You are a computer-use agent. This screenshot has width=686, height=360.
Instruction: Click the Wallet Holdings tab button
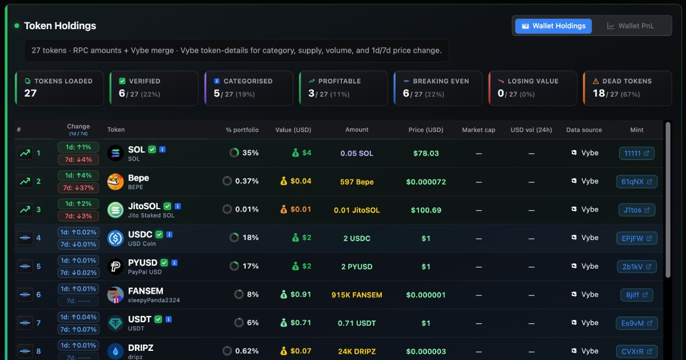[x=553, y=26]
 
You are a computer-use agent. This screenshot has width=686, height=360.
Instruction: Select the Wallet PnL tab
[x=630, y=26]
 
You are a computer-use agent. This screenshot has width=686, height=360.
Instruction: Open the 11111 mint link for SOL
[x=637, y=153]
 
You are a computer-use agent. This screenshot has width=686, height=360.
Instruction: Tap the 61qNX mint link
[x=637, y=182]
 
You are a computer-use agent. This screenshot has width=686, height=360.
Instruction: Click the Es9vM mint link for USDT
[x=637, y=323]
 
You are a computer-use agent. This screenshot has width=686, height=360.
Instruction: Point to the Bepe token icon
[x=115, y=182]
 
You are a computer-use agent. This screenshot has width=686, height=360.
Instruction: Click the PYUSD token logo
[x=115, y=266]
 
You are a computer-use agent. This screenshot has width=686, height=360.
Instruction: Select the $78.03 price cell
[x=426, y=153]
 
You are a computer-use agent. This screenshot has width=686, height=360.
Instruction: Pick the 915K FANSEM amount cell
[x=357, y=295]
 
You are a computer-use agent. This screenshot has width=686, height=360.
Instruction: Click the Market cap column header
[x=478, y=130]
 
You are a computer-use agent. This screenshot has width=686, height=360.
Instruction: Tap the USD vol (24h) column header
[x=531, y=130]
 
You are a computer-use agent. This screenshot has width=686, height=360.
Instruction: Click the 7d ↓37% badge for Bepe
[x=78, y=187]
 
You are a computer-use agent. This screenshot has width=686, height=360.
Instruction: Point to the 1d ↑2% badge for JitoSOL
[x=78, y=203]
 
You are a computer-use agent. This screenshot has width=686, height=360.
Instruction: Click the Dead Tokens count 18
[x=599, y=93]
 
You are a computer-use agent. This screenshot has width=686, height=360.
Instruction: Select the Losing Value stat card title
[x=533, y=81]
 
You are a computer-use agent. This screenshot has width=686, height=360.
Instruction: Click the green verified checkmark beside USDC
[x=159, y=234]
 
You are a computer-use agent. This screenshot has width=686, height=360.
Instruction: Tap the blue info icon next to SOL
[x=162, y=149]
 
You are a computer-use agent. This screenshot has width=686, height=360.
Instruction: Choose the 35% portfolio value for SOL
[x=250, y=153]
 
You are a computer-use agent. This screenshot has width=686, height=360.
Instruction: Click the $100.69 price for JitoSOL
[x=426, y=210]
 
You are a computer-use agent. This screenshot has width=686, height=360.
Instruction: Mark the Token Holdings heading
[x=60, y=26]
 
